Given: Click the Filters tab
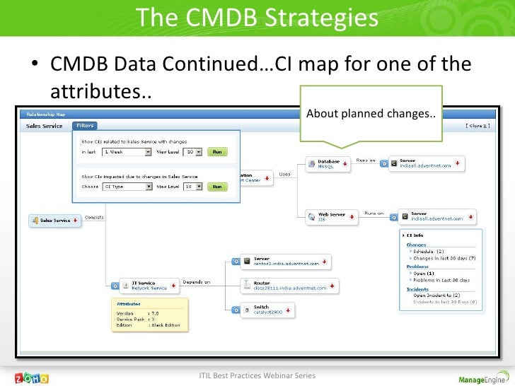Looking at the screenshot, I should tap(85, 126).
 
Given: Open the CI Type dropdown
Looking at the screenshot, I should tap(128, 187).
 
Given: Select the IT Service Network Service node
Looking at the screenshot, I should tap(149, 286).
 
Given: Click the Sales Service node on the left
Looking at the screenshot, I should tap(54, 221).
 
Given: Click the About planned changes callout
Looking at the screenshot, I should tap(371, 114).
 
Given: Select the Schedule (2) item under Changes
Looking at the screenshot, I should tap(429, 251).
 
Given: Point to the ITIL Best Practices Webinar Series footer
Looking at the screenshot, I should tap(257, 375).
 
